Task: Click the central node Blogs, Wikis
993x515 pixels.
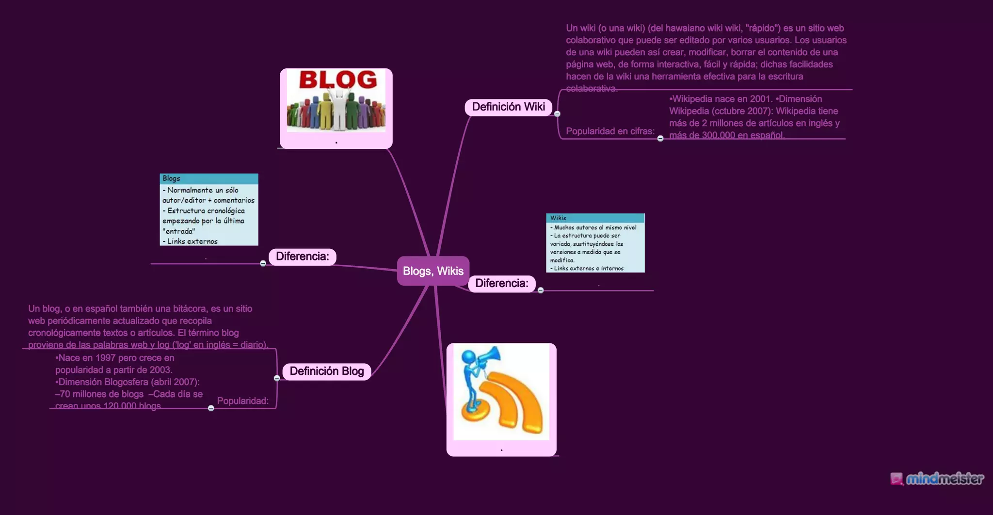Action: pos(433,271)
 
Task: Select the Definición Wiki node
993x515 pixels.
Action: pos(508,107)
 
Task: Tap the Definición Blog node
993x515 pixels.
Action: pos(326,371)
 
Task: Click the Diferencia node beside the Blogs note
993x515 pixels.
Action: pos(302,257)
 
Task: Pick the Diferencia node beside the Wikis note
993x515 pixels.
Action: pos(501,284)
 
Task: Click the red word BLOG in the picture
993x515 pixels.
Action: pos(338,80)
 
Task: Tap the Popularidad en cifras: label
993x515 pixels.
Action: pos(610,131)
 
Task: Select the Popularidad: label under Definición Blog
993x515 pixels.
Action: pos(242,401)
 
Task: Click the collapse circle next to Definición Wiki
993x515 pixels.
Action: pos(557,114)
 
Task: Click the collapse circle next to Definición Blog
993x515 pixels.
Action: pos(277,378)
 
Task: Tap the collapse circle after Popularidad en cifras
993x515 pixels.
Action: pos(660,139)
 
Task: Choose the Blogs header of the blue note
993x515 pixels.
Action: pos(172,178)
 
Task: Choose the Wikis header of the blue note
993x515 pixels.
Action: pos(558,218)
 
